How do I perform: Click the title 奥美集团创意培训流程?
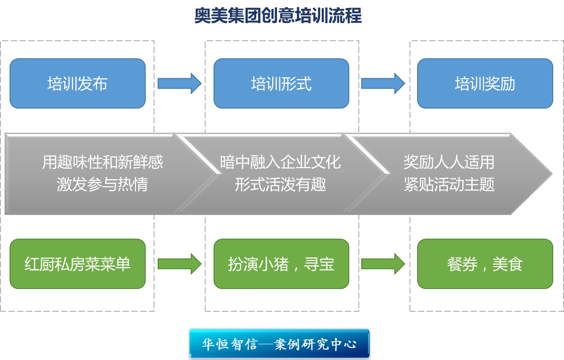(x=278, y=16)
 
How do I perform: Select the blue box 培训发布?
(x=77, y=83)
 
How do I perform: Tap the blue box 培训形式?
(x=281, y=83)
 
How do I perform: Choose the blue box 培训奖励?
(x=485, y=83)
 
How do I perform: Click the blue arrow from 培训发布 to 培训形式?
(x=179, y=83)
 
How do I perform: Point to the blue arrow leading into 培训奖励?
(x=383, y=83)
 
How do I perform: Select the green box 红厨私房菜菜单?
(x=77, y=264)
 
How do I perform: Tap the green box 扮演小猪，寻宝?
(x=281, y=264)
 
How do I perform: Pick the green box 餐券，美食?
(x=485, y=264)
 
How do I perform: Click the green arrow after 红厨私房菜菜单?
(x=179, y=264)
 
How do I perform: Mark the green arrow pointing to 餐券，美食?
(x=383, y=264)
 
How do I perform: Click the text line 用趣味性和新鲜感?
(x=103, y=162)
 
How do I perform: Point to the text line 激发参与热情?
(x=103, y=184)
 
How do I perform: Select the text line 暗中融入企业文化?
(x=280, y=162)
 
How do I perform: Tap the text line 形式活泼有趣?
(x=280, y=184)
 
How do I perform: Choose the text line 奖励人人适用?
(x=449, y=162)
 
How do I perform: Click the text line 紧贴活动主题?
(x=449, y=184)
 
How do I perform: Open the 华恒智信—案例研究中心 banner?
(x=279, y=344)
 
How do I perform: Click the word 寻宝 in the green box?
(x=319, y=264)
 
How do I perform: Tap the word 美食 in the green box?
(x=507, y=264)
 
